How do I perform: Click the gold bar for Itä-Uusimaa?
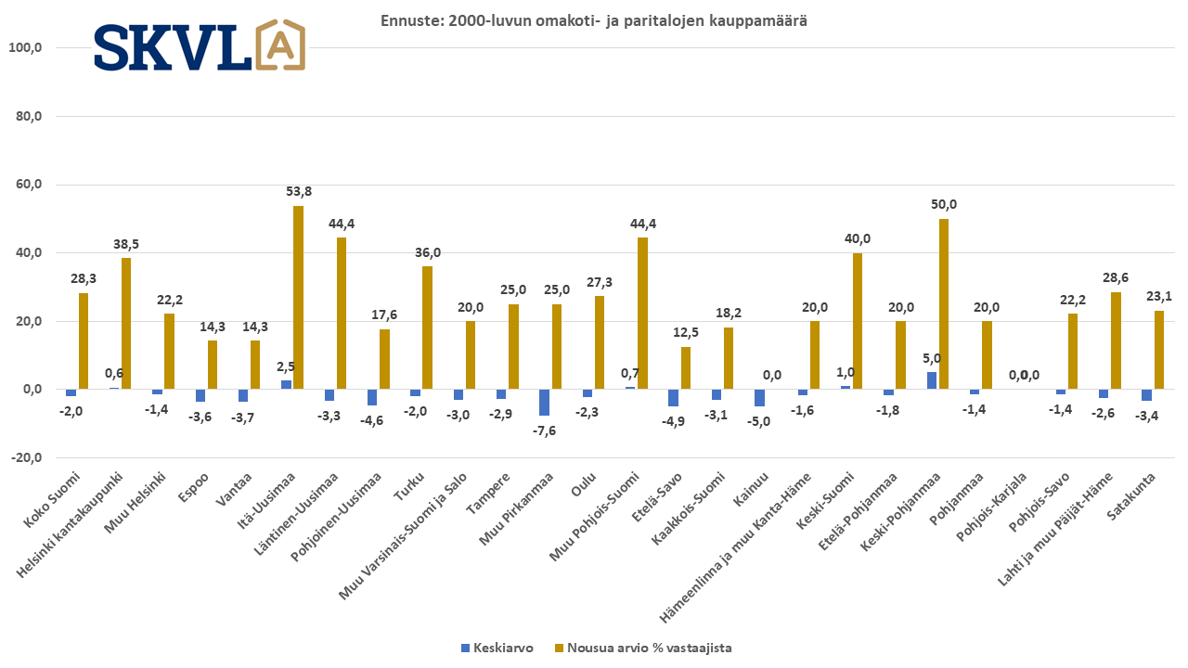[299, 297]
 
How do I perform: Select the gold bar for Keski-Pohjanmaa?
[944, 303]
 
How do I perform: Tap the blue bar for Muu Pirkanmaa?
[545, 403]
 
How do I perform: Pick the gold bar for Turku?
[428, 328]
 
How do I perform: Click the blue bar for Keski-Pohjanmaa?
[932, 380]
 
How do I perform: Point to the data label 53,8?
[299, 192]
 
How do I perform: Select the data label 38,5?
[127, 244]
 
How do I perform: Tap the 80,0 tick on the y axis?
[38, 116]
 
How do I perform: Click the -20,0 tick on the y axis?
[36, 457]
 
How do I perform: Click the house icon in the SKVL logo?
[280, 45]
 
